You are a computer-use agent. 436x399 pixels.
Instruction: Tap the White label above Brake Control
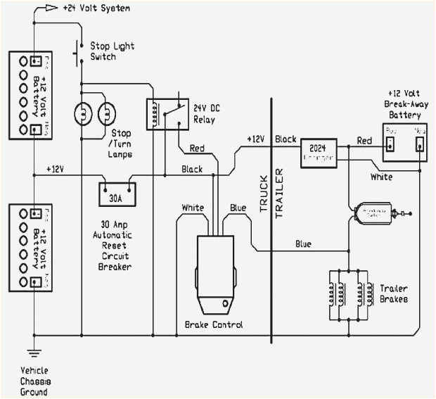(x=193, y=208)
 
